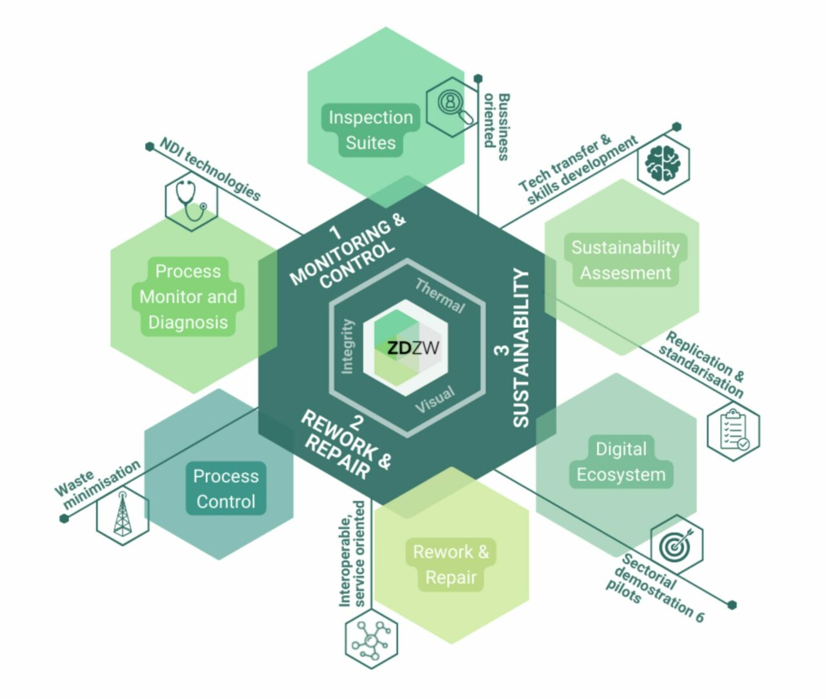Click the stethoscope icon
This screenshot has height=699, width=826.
(x=191, y=202)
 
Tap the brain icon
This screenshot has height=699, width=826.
(x=663, y=163)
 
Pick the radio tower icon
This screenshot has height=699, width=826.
(x=122, y=516)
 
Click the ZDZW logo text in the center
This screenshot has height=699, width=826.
(x=413, y=349)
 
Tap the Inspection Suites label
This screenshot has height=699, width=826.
(x=370, y=130)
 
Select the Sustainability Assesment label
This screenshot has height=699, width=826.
(x=625, y=260)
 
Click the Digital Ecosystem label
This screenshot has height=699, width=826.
(x=621, y=461)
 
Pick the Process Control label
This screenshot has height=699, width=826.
(x=226, y=489)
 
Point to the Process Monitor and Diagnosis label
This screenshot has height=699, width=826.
(x=188, y=297)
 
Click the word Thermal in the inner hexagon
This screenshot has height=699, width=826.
(x=439, y=296)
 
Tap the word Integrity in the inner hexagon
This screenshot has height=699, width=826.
(x=347, y=346)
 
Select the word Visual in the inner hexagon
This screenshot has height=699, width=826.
(x=435, y=400)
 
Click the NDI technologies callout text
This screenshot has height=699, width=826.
(x=210, y=170)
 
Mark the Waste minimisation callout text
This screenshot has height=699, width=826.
(x=97, y=484)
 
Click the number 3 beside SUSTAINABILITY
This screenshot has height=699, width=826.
(x=501, y=350)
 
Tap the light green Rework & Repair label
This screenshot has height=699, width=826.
(x=450, y=565)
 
